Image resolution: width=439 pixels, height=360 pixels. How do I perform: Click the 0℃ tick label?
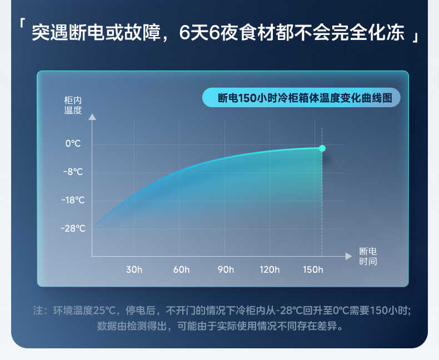pyautogui.click(x=73, y=143)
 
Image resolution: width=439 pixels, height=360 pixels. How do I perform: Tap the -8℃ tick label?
pyautogui.click(x=73, y=172)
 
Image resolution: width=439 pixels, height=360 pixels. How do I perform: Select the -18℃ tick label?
pyautogui.click(x=73, y=200)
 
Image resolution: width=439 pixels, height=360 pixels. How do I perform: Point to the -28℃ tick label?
pyautogui.click(x=73, y=228)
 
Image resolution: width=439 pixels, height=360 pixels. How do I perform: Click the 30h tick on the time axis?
pyautogui.click(x=134, y=270)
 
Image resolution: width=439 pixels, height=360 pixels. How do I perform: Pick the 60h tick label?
pyautogui.click(x=181, y=270)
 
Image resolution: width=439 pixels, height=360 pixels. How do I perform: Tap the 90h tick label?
pyautogui.click(x=226, y=270)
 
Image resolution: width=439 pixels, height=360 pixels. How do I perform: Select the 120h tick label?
pyautogui.click(x=270, y=270)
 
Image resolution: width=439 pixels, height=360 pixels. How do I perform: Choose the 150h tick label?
pyautogui.click(x=313, y=270)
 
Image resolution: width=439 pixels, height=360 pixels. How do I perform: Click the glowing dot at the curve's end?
pyautogui.click(x=322, y=148)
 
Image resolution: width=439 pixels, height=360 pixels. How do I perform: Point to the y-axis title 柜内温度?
pyautogui.click(x=73, y=105)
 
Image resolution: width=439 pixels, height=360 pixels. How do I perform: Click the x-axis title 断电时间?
pyautogui.click(x=368, y=256)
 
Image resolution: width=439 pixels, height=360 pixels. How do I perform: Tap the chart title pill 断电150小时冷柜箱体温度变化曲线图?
pyautogui.click(x=301, y=98)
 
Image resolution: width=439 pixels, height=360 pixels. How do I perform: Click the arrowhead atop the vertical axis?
pyautogui.click(x=92, y=117)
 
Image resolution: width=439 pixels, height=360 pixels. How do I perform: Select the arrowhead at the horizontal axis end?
pyautogui.click(x=348, y=256)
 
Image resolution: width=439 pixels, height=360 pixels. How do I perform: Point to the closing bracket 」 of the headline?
pyautogui.click(x=415, y=37)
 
